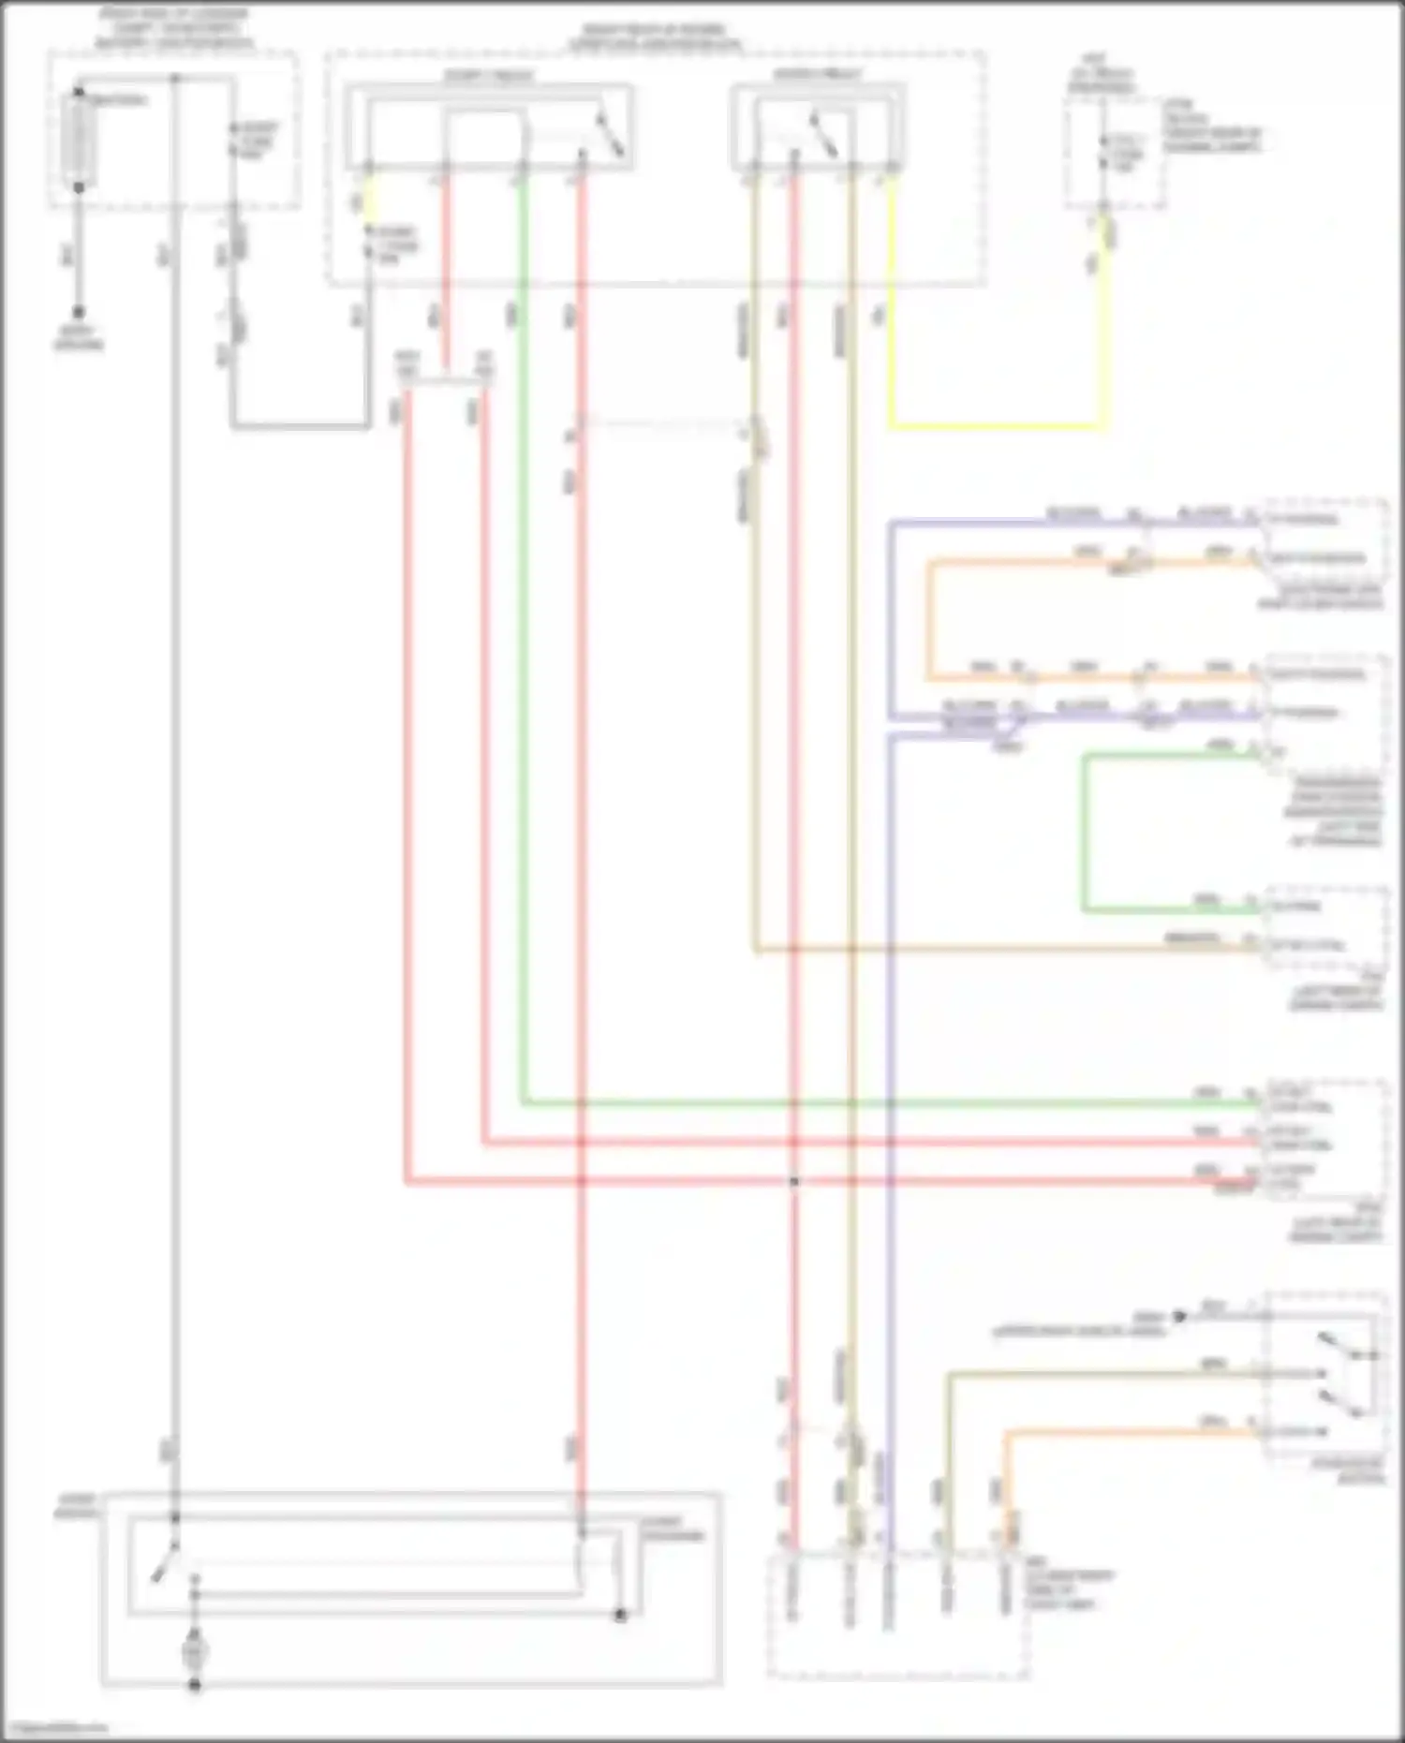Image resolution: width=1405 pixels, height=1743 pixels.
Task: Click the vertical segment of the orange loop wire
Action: (929, 618)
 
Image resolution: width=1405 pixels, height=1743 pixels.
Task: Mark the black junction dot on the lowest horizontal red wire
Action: (793, 1182)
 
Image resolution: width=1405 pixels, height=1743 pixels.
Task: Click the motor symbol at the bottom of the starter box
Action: (195, 1652)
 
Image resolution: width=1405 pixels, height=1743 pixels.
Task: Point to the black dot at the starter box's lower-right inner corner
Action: (620, 1616)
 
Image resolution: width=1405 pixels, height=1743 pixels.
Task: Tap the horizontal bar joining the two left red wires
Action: (446, 381)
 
